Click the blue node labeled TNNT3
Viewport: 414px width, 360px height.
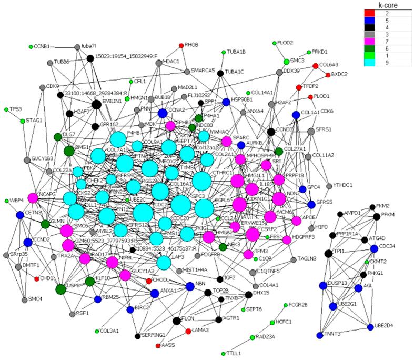pos(319,335)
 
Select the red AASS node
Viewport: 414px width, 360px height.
pos(158,345)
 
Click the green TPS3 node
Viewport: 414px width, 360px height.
pos(6,109)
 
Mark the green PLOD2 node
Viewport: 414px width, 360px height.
pos(274,43)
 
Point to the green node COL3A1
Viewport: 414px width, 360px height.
pos(96,331)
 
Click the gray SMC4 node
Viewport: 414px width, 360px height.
pos(24,299)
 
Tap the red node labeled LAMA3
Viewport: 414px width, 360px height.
pos(188,331)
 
